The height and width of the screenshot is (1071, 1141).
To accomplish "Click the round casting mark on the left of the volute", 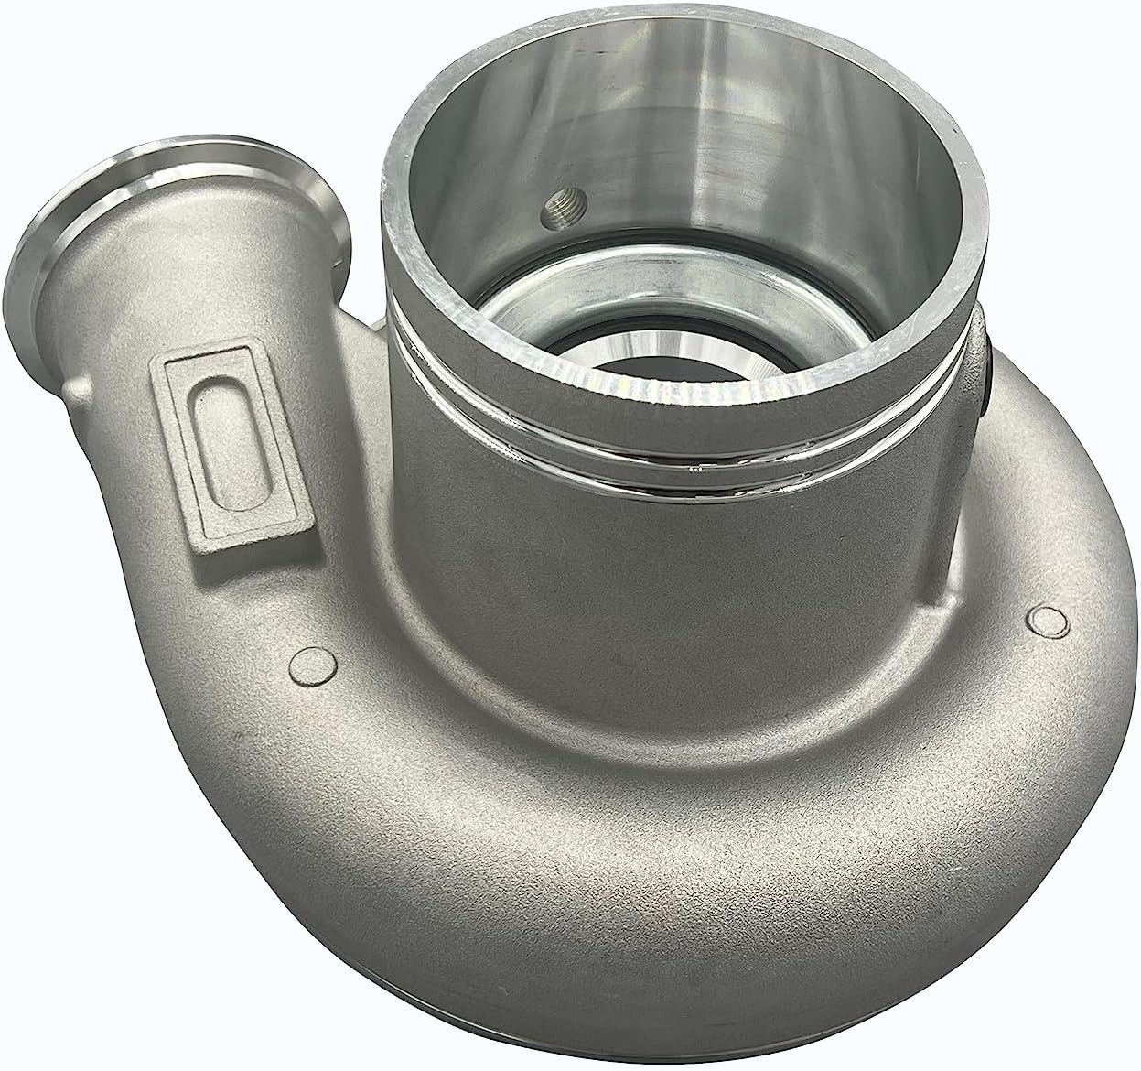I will pos(307,663).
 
